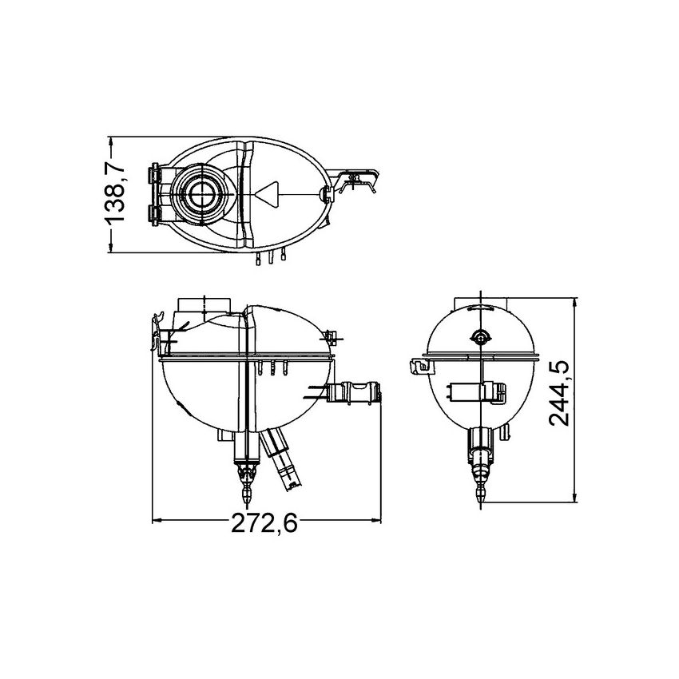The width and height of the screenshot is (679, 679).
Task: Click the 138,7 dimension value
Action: tap(116, 194)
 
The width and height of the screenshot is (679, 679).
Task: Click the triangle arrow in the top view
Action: tap(268, 193)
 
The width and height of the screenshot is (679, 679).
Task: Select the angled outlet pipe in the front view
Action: tap(284, 461)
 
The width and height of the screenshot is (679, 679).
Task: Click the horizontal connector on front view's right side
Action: tap(356, 394)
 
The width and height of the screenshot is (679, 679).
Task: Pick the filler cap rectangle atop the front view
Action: tap(204, 304)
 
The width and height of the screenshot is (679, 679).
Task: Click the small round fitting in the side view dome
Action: tap(479, 337)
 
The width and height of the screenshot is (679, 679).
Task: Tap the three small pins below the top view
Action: tap(272, 257)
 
